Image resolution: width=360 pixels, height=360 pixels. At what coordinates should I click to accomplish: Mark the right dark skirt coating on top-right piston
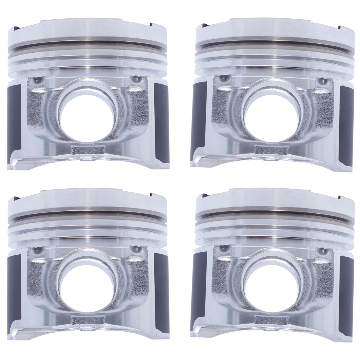tap(346, 119)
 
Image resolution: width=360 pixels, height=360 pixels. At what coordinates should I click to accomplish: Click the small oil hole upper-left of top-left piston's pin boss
tap(37, 79)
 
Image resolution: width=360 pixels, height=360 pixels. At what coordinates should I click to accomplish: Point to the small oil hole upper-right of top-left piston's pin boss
tap(136, 79)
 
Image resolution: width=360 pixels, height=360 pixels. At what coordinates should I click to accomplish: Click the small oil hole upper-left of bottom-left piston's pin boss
tap(37, 249)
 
